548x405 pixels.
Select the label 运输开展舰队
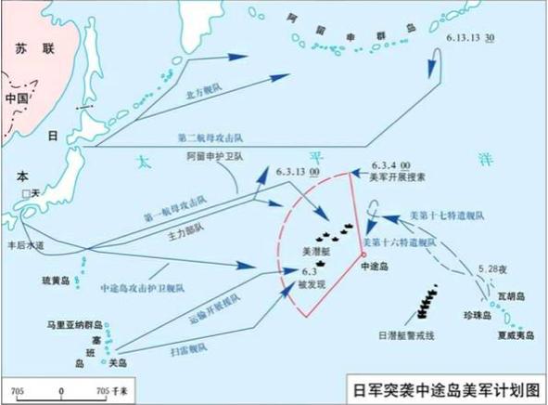[219, 302]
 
